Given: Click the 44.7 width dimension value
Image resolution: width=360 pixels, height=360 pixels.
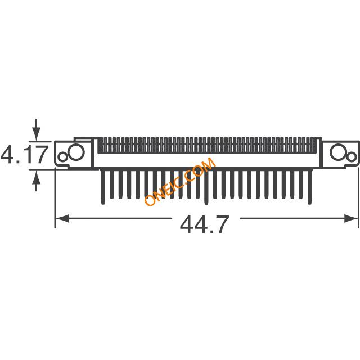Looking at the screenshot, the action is [204, 224].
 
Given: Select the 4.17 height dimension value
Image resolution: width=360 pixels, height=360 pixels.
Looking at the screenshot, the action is [25, 155].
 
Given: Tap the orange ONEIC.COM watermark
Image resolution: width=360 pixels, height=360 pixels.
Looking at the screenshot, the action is [180, 181].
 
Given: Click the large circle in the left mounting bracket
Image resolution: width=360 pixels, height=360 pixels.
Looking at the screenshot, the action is [76, 152].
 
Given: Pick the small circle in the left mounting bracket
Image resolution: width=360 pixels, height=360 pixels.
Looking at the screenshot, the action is [62, 157].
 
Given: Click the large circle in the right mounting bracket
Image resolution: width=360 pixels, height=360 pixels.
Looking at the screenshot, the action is [338, 152].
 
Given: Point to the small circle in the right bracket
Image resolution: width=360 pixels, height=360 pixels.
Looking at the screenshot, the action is [352, 157].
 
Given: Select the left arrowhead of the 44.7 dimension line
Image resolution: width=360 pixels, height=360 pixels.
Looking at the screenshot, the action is [62, 218].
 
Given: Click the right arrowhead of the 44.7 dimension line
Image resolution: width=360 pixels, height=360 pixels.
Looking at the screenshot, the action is [351, 218].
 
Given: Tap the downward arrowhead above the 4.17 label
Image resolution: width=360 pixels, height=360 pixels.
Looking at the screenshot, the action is [36, 133].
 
